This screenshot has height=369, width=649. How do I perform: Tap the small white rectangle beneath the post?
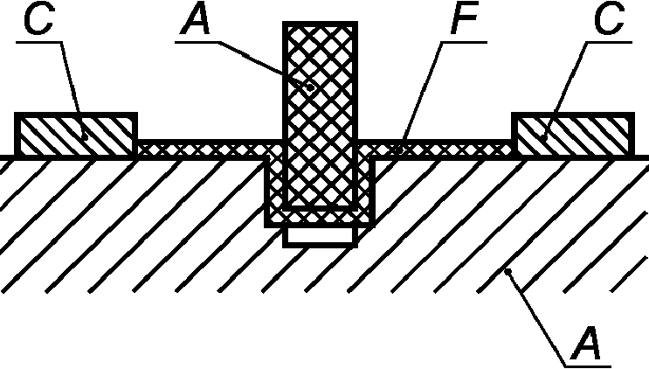(x=320, y=235)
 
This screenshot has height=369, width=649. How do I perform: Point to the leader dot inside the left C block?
(x=86, y=136)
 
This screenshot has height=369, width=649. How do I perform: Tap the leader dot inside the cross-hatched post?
(x=310, y=87)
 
